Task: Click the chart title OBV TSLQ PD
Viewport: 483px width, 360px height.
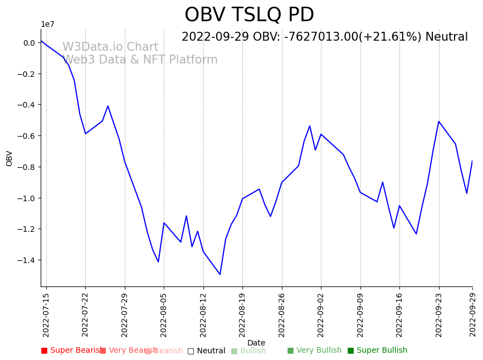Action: pyautogui.click(x=249, y=15)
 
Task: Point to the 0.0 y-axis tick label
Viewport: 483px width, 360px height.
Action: pyautogui.click(x=29, y=43)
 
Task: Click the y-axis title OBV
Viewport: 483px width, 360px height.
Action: pyautogui.click(x=9, y=158)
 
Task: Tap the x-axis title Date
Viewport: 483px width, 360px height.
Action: pyautogui.click(x=256, y=343)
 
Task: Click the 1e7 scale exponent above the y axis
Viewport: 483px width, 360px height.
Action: pyautogui.click(x=47, y=24)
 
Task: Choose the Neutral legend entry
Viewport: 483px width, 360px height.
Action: pyautogui.click(x=207, y=351)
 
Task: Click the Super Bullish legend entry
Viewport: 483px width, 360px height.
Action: pyautogui.click(x=378, y=351)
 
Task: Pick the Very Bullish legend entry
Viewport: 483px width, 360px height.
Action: pyautogui.click(x=315, y=351)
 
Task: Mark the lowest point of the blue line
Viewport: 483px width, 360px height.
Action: pyautogui.click(x=220, y=274)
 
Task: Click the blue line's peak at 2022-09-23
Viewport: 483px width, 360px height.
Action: pyautogui.click(x=439, y=121)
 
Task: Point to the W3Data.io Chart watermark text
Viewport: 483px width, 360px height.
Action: pyautogui.click(x=110, y=47)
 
